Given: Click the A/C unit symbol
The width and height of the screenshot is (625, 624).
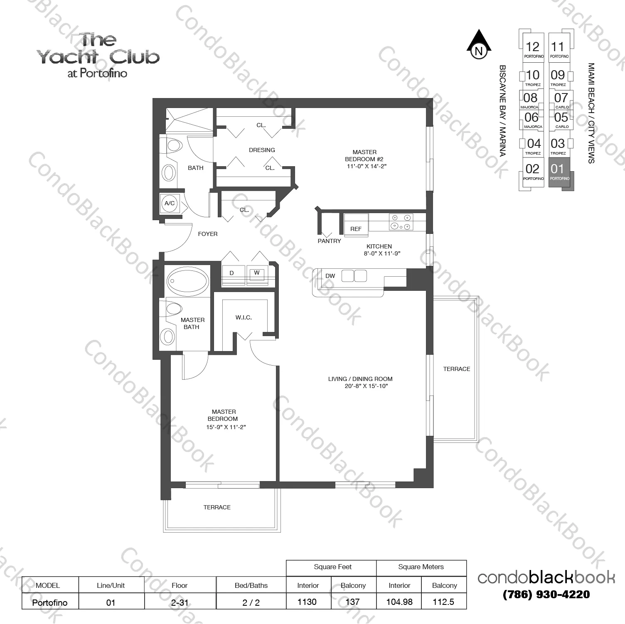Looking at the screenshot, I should pyautogui.click(x=170, y=204).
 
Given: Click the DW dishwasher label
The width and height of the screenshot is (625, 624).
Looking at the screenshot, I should pyautogui.click(x=330, y=276).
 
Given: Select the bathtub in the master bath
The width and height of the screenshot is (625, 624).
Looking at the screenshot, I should pyautogui.click(x=187, y=281).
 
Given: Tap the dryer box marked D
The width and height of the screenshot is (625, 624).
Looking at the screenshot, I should pyautogui.click(x=232, y=273).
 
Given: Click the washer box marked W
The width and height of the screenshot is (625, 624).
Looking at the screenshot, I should pyautogui.click(x=257, y=273).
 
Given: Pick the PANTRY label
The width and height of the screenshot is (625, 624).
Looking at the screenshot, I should pyautogui.click(x=329, y=241).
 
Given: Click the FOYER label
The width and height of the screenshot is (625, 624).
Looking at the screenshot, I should pyautogui.click(x=207, y=234).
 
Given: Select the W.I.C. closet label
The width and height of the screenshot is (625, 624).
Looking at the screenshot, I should pyautogui.click(x=244, y=317).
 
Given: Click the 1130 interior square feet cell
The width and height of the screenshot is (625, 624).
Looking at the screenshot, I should pyautogui.click(x=307, y=602).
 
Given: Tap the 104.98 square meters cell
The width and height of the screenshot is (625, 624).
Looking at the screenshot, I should pyautogui.click(x=399, y=602).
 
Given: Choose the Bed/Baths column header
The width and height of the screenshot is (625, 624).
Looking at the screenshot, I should pyautogui.click(x=251, y=585).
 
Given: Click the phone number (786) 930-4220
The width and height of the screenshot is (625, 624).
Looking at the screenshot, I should pyautogui.click(x=546, y=595).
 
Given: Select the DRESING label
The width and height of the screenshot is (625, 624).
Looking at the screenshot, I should pyautogui.click(x=262, y=150).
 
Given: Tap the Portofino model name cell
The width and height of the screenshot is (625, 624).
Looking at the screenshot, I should pyautogui.click(x=50, y=602).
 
